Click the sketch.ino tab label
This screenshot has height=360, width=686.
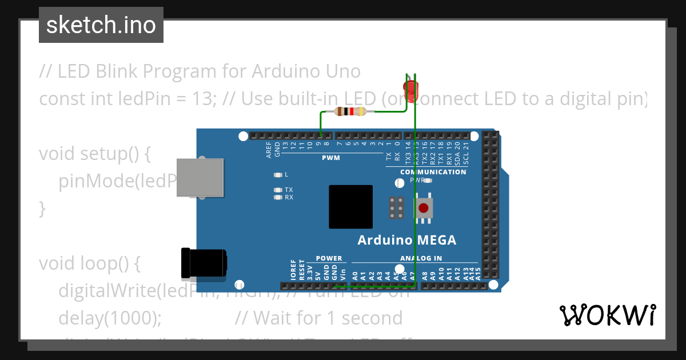101,25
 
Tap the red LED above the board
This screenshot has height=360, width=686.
411,90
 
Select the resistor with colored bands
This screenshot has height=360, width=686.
350,111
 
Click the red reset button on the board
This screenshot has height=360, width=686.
424,208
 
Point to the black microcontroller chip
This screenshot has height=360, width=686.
350,207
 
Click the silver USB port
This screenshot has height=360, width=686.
200,177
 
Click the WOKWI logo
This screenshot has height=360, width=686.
607,315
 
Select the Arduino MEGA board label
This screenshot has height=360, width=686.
407,240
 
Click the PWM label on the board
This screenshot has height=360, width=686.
330,158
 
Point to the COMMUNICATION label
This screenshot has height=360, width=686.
433,172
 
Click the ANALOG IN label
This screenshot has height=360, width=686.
421,258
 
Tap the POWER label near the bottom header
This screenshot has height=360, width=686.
329,258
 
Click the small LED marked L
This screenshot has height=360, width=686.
278,174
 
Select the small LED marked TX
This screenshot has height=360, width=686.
278,190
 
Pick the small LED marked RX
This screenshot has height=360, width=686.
278,197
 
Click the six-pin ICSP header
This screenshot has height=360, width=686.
397,209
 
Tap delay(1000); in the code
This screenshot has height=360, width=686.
110,317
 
